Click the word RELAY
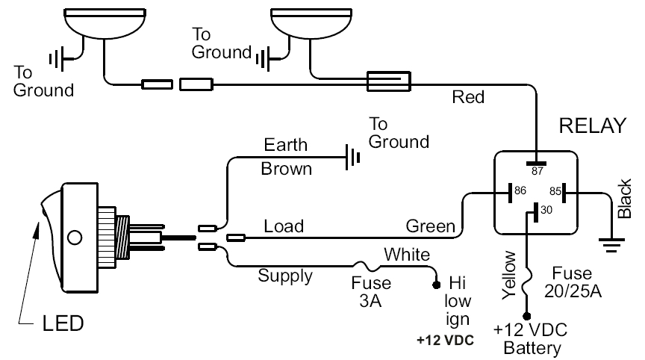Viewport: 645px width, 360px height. coord(591,125)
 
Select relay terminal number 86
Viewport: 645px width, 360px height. coord(521,191)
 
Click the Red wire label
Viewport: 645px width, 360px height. coord(468,97)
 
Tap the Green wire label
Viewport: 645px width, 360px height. coord(430,225)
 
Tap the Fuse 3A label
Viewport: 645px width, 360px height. coord(371,292)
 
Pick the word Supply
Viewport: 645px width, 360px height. coord(285,276)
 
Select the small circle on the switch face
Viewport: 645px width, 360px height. coord(74,239)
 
